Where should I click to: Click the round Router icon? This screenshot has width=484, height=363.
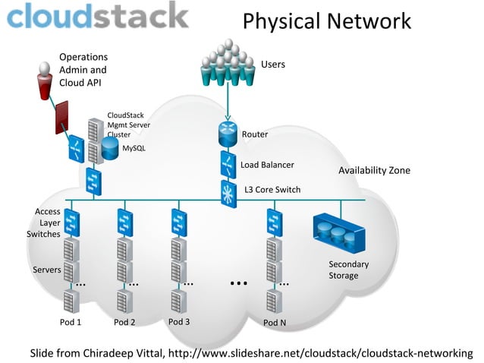(228, 134)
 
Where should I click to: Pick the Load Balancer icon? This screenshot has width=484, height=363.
(228, 163)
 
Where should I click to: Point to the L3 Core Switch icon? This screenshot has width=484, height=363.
(228, 191)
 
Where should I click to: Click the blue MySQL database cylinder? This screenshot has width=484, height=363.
(111, 149)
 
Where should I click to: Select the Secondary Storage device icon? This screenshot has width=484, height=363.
(338, 232)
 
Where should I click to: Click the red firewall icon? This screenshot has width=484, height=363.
(62, 117)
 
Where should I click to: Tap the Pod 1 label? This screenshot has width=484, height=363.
(71, 322)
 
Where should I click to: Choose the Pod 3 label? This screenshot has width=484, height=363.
(178, 321)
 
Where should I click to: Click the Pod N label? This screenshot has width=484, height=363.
(275, 322)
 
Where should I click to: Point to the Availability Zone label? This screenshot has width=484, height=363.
(374, 170)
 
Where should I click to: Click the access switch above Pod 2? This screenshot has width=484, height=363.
(124, 223)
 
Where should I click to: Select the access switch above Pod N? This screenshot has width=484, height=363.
(274, 223)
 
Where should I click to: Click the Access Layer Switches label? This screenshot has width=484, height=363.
(43, 223)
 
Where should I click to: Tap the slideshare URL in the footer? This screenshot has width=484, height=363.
(319, 353)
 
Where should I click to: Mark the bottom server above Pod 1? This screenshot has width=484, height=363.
(71, 301)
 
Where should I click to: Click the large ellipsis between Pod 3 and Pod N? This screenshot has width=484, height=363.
(238, 283)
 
